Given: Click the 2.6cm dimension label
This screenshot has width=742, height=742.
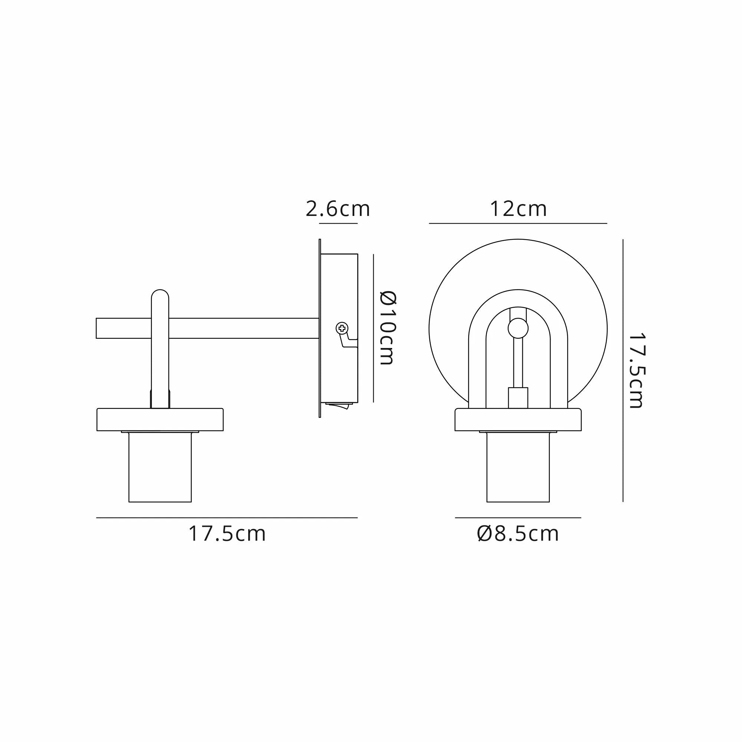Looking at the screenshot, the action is point(338,209).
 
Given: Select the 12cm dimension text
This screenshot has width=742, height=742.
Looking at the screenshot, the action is point(518,209).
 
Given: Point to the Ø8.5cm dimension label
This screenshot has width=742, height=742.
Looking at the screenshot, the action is point(518,534).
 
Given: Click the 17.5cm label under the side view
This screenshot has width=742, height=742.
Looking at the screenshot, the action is point(227,534).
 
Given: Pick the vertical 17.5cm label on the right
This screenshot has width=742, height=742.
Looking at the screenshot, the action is point(636,371).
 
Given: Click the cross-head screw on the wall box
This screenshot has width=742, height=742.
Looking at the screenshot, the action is point(341,328).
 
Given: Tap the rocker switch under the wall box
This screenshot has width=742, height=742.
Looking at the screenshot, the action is point(338,405).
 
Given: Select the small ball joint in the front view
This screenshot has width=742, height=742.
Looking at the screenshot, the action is point(518,328).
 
